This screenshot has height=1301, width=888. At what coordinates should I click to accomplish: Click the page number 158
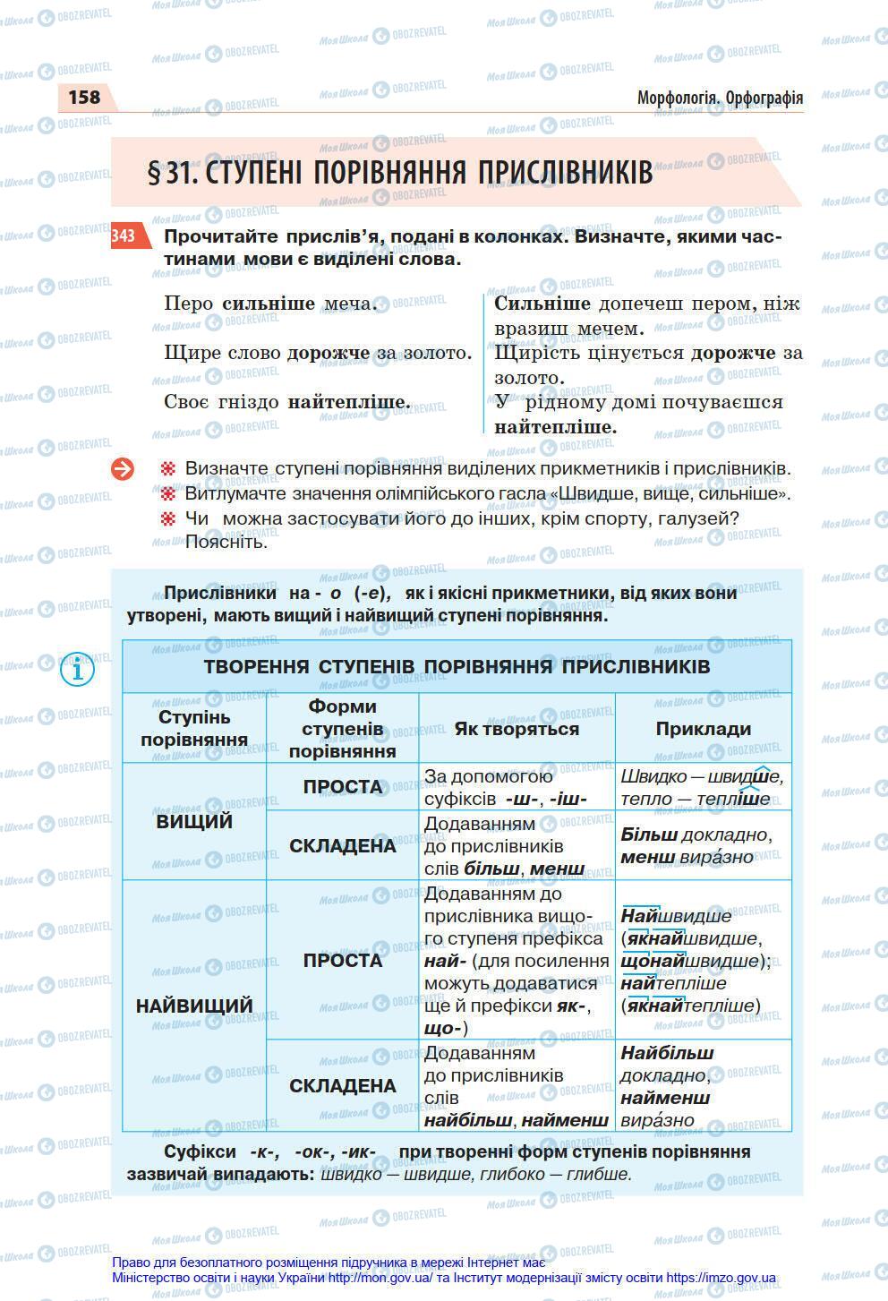(84, 97)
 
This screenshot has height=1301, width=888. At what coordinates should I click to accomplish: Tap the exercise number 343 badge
(124, 235)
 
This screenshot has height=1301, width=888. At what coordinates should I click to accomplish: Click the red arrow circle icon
(123, 468)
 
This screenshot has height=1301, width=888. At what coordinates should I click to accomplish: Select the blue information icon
(78, 669)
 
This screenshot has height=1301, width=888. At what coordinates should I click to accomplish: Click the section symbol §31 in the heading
(171, 173)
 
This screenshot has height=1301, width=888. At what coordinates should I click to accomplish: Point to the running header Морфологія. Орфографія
(720, 98)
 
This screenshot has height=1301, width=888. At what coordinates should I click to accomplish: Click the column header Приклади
(703, 729)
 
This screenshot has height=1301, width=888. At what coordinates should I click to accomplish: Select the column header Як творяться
(517, 729)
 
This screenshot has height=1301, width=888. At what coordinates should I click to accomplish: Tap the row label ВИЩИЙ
(194, 821)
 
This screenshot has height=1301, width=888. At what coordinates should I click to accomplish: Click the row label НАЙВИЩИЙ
(194, 1006)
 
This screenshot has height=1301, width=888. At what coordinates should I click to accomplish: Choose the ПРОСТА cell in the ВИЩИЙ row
(342, 787)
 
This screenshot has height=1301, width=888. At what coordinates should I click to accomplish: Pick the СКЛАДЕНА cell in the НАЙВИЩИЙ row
(342, 1086)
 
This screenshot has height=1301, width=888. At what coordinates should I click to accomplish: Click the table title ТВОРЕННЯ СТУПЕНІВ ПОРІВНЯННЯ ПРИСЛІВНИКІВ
(457, 667)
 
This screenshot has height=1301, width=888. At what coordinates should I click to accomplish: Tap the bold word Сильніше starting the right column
(542, 304)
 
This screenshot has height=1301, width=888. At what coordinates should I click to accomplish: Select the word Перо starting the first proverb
(189, 304)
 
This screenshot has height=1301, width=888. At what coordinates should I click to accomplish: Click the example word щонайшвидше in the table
(687, 961)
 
